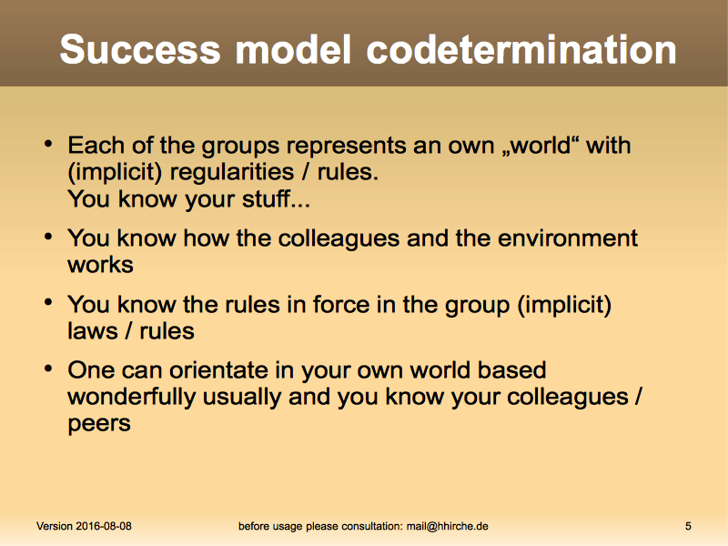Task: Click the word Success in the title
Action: point(140,49)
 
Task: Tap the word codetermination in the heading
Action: point(521,49)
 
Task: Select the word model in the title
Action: point(293,49)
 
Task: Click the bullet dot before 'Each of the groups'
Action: point(48,144)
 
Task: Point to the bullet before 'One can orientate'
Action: point(48,369)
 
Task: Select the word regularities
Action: point(232,172)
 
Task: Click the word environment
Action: point(567,238)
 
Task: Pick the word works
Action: point(100,265)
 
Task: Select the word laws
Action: point(93,331)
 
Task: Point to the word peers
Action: point(99,424)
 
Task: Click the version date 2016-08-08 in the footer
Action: point(104,526)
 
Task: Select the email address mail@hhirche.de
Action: point(447,526)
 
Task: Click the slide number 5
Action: point(688,526)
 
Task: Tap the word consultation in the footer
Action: point(371,526)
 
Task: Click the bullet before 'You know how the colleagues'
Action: point(48,237)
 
